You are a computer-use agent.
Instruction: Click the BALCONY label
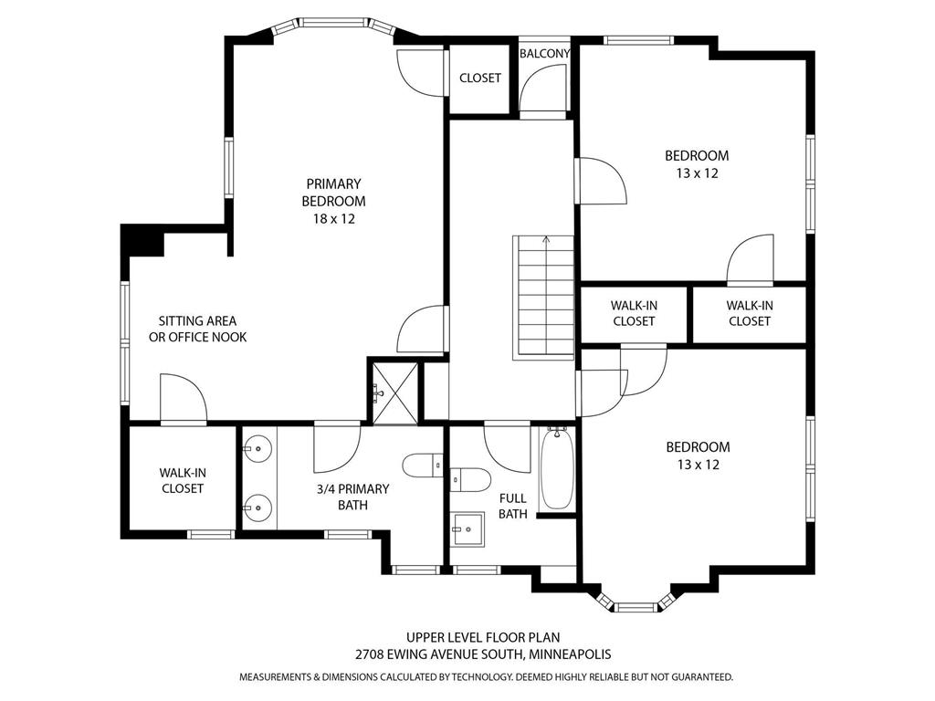[x=544, y=54]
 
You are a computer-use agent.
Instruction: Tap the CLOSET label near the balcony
[x=480, y=78]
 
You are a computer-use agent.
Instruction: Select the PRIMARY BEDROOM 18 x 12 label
[x=334, y=201]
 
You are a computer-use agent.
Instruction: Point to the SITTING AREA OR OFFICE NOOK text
[x=197, y=329]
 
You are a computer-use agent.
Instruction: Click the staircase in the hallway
[x=543, y=298]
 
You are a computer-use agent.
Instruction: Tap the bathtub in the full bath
[x=557, y=469]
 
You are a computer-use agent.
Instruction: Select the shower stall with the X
[x=394, y=392]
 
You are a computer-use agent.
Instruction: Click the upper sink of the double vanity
[x=258, y=446]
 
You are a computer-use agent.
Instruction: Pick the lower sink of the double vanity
[x=258, y=507]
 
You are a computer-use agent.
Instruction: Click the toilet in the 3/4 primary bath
[x=422, y=465]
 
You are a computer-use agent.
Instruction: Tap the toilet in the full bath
[x=470, y=479]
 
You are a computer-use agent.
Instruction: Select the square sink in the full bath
[x=468, y=528]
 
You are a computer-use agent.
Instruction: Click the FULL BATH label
[x=513, y=506]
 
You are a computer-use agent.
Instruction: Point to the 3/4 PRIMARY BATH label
[x=352, y=497]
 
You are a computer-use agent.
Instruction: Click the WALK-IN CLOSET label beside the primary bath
[x=183, y=480]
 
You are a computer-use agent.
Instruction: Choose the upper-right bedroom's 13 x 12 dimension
[x=697, y=173]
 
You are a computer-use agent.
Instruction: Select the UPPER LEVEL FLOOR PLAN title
[x=483, y=637]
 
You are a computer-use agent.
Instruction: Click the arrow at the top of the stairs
[x=546, y=240]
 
